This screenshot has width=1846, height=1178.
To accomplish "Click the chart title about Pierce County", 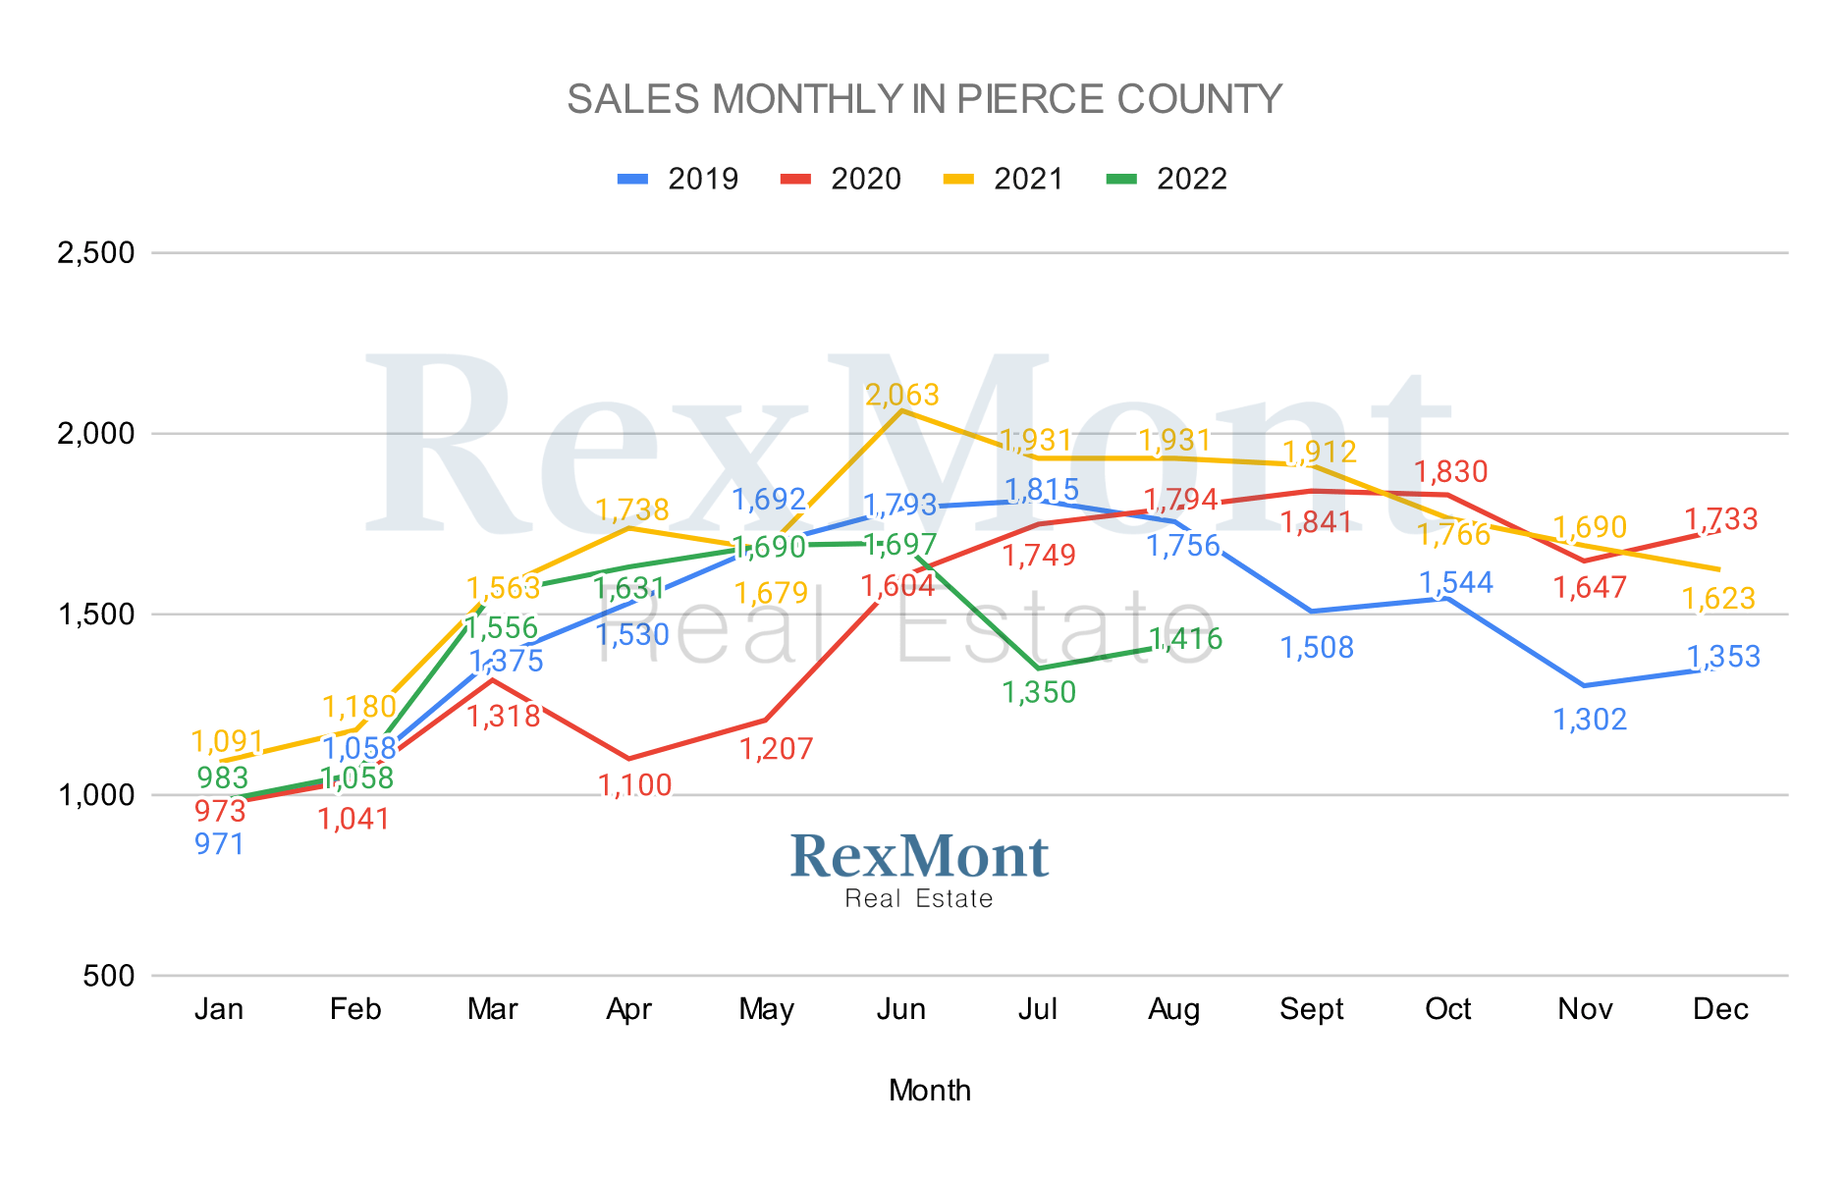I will click(x=924, y=99).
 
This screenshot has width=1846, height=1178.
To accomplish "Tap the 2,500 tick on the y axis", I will click(x=96, y=252).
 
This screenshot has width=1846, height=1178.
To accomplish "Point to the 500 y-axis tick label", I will click(x=109, y=976).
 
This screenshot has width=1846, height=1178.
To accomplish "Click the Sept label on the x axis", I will click(x=1311, y=1009).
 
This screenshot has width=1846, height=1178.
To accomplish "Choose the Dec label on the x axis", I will click(x=1720, y=1009).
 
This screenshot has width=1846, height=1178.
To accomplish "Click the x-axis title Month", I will click(x=929, y=1091).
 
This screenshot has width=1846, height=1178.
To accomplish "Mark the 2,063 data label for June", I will click(x=902, y=395).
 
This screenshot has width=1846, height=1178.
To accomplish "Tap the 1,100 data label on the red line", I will click(x=635, y=785).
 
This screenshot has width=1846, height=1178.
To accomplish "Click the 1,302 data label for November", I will click(x=1590, y=720).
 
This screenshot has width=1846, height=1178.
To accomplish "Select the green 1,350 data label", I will click(x=1039, y=692).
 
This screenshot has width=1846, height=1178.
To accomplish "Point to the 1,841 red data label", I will click(x=1317, y=522).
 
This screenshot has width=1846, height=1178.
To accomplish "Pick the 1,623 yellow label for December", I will click(x=1718, y=598).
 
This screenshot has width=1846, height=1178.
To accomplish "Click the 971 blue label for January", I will click(x=219, y=843).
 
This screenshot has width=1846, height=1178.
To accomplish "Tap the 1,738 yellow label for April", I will click(x=632, y=509).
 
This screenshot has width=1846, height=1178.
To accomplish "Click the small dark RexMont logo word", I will click(x=919, y=856).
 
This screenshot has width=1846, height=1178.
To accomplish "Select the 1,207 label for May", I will click(x=776, y=749).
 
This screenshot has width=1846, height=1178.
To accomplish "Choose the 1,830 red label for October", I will click(x=1451, y=471).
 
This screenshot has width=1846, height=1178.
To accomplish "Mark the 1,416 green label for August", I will click(x=1186, y=639).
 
